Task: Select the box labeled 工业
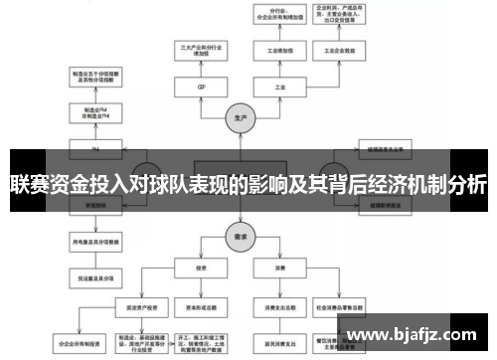click(280, 87)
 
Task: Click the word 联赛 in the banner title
click(28, 184)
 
